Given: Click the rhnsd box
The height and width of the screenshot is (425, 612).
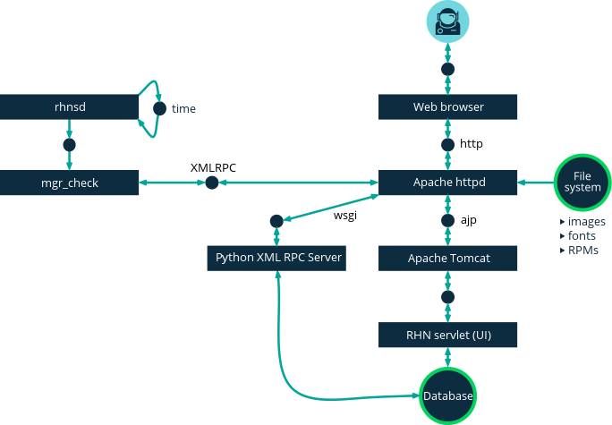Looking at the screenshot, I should [70, 107].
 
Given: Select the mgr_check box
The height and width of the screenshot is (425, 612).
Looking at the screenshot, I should [70, 183].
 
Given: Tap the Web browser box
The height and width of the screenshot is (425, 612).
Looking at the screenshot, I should [448, 107].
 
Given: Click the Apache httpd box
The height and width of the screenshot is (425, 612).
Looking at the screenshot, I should [448, 183].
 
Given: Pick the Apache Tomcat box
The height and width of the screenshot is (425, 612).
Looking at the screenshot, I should [448, 259].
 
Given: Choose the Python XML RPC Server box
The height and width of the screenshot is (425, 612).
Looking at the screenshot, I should [279, 259].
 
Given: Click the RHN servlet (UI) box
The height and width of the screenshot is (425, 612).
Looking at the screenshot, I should [448, 336].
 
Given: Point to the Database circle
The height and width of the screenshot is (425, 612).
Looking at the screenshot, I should [448, 395].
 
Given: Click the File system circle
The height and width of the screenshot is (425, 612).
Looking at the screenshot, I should [582, 183].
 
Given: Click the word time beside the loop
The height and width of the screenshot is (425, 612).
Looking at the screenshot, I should [184, 109].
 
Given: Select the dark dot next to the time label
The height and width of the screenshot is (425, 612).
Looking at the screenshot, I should [159, 108].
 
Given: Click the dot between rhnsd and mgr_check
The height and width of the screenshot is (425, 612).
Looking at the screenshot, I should [70, 144].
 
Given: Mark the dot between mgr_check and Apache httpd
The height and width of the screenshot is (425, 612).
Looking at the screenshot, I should [211, 183].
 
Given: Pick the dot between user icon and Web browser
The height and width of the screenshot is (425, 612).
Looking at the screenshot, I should [448, 68].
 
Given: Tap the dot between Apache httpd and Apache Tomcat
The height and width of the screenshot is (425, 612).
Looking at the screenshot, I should [448, 220].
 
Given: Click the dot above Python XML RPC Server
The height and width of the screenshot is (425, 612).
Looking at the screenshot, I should [276, 220].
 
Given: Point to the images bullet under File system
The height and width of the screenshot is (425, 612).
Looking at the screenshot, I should [582, 222].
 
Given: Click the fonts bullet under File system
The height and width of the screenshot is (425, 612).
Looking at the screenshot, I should [580, 236].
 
